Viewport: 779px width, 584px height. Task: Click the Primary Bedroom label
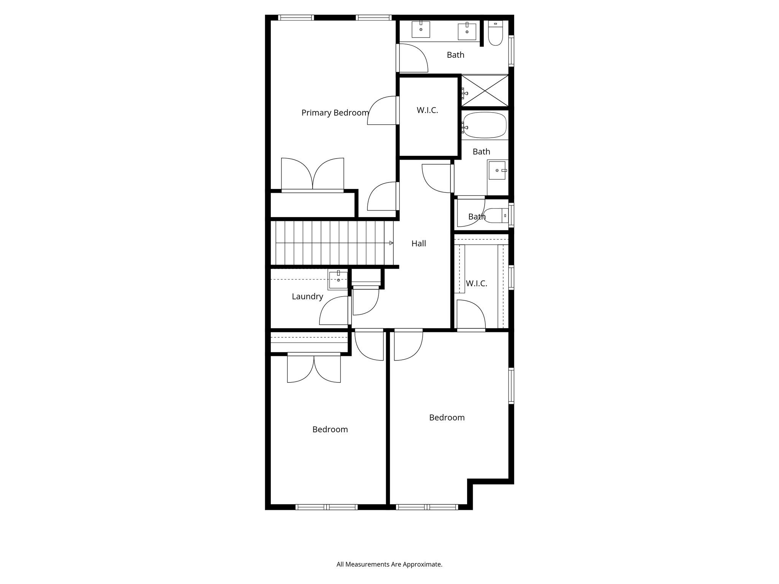pyautogui.click(x=335, y=113)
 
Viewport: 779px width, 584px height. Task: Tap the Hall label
pyautogui.click(x=418, y=244)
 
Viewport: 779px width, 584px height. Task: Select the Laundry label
pyautogui.click(x=307, y=297)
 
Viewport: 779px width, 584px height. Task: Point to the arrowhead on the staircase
pyautogui.click(x=391, y=243)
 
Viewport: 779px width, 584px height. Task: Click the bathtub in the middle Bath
pyautogui.click(x=485, y=125)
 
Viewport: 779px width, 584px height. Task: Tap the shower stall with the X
pyautogui.click(x=485, y=91)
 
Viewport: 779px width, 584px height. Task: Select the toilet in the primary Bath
pyautogui.click(x=495, y=34)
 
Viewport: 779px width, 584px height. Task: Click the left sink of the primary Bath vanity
pyautogui.click(x=421, y=29)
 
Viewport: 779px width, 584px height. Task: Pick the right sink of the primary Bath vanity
pyautogui.click(x=467, y=31)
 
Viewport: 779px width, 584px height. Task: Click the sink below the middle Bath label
pyautogui.click(x=497, y=170)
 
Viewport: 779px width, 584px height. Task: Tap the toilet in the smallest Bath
pyautogui.click(x=496, y=216)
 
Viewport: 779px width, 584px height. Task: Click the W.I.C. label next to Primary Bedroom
pyautogui.click(x=427, y=110)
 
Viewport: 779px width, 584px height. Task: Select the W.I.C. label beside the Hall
pyautogui.click(x=476, y=284)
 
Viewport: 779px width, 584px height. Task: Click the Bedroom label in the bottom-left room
pyautogui.click(x=330, y=430)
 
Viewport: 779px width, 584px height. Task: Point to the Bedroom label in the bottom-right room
pyautogui.click(x=447, y=418)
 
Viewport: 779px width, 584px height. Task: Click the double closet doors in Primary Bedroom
pyautogui.click(x=312, y=174)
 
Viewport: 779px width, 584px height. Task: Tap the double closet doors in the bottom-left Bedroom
pyautogui.click(x=314, y=368)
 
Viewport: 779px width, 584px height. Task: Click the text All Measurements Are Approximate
pyautogui.click(x=389, y=565)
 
